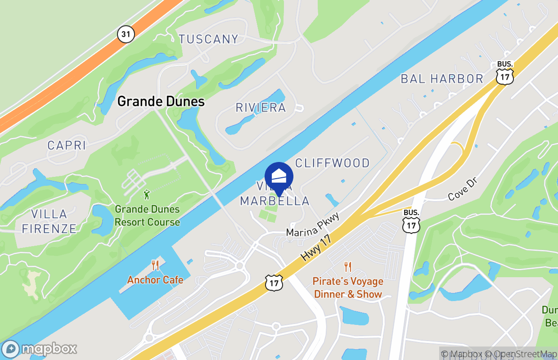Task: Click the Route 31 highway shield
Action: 126,34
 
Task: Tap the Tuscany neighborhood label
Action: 208,39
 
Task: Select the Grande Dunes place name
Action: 161,101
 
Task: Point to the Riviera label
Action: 261,108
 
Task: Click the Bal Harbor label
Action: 442,79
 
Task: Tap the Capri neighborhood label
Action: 67,145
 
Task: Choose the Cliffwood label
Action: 332,162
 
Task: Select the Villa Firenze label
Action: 49,221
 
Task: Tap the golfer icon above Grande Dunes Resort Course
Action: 147,194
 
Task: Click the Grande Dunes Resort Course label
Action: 147,216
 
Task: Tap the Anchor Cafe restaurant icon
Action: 155,265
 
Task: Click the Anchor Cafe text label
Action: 155,280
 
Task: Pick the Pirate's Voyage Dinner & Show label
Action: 348,288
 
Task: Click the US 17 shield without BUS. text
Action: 274,282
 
